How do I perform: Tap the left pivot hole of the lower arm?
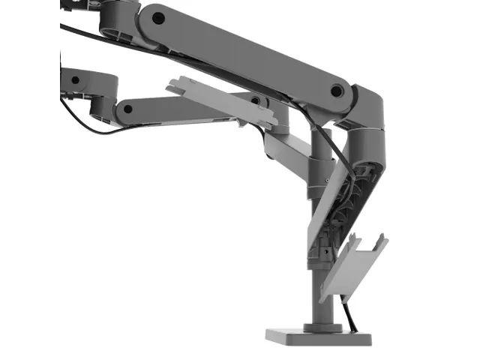point(127,109)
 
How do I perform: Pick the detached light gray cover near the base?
point(352,266)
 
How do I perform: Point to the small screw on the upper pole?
point(327,182)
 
